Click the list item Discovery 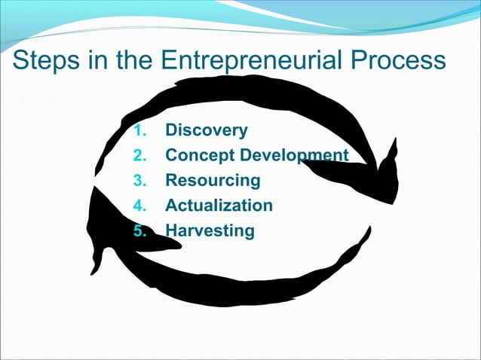pyautogui.click(x=206, y=130)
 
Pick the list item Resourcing pyautogui.click(x=213, y=181)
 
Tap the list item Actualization pyautogui.click(x=219, y=206)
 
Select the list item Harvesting pyautogui.click(x=210, y=230)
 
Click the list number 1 pyautogui.click(x=137, y=131)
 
